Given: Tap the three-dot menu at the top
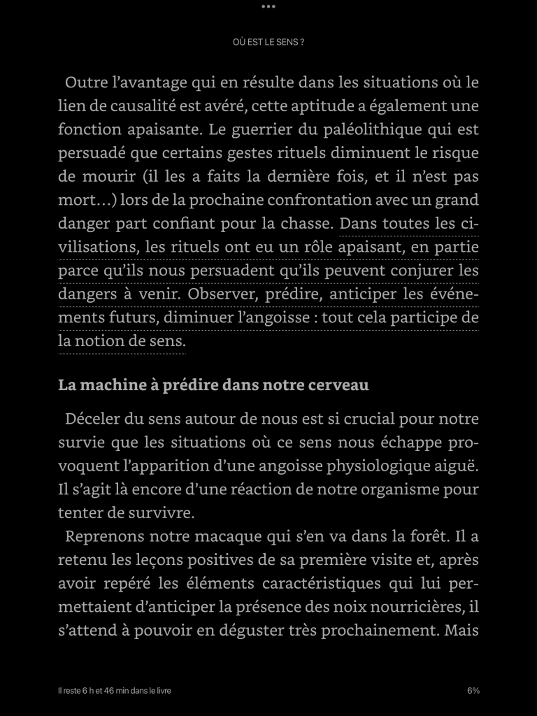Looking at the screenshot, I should [x=268, y=6].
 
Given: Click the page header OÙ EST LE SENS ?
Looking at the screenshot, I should [x=268, y=42].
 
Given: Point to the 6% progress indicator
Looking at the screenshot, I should [x=473, y=691].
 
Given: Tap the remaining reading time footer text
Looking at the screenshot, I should [x=115, y=691].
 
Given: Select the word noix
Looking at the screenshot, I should [x=382, y=607].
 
